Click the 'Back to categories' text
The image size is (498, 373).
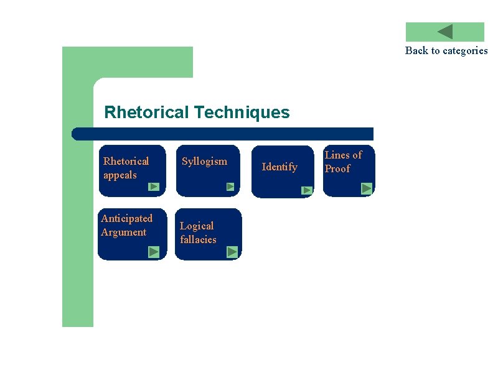click(x=446, y=50)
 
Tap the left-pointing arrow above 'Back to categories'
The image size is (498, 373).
click(x=444, y=32)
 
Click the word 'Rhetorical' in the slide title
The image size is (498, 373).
click(x=146, y=113)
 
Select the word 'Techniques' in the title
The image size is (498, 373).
click(x=242, y=113)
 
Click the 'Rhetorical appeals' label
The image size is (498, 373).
click(x=126, y=168)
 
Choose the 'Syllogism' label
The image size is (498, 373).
click(x=204, y=161)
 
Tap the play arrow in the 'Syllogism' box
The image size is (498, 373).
click(x=230, y=186)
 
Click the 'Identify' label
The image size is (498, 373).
click(x=280, y=167)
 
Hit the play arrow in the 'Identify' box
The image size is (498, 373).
click(x=307, y=190)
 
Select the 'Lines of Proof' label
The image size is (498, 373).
click(x=343, y=162)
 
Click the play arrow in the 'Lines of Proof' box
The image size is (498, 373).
click(x=367, y=188)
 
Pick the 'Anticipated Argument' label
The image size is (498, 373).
click(x=126, y=225)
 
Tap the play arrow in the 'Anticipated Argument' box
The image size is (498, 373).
click(x=154, y=252)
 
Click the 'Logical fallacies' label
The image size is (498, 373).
click(x=198, y=233)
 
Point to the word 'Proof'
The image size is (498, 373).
click(x=337, y=168)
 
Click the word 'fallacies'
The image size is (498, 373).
click(x=198, y=239)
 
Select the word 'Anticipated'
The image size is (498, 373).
click(x=126, y=218)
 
